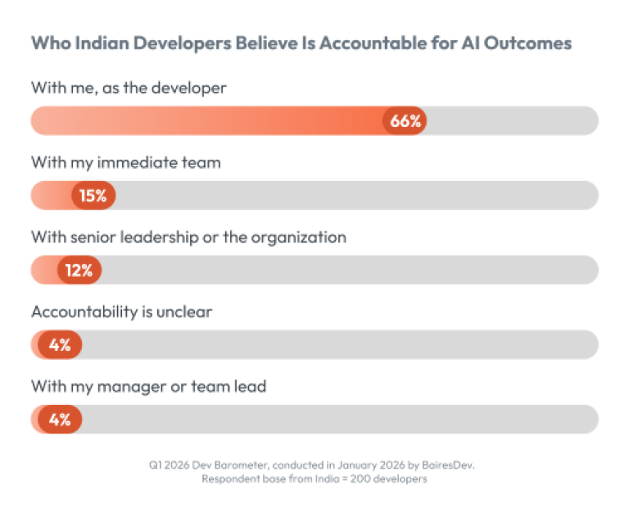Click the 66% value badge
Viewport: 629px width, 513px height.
[405, 120]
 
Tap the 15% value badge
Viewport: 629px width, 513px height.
[93, 196]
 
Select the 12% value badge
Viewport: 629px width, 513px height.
[79, 270]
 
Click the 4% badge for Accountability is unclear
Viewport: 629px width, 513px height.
[60, 345]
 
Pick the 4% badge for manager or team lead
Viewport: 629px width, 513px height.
[60, 420]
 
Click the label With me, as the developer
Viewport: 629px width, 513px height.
[129, 88]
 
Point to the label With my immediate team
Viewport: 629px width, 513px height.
[126, 162]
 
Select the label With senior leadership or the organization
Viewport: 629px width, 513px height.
[188, 237]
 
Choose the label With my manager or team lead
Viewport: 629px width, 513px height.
[148, 386]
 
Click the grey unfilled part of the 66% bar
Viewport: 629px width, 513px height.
[512, 120]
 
